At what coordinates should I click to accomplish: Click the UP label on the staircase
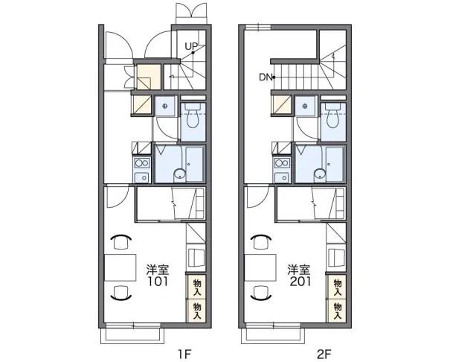[191, 46]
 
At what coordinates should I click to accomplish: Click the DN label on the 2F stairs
[266, 77]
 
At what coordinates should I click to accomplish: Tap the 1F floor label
[184, 354]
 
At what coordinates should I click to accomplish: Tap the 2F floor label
[324, 354]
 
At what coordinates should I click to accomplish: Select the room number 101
[158, 282]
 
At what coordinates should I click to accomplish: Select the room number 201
[300, 282]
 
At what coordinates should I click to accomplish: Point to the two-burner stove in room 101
[142, 164]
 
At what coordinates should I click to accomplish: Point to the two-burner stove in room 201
[282, 164]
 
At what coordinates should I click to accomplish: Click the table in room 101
[120, 268]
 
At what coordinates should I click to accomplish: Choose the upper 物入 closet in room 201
[338, 288]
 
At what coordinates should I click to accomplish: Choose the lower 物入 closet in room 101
[196, 311]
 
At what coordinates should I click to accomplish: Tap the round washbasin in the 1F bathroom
[180, 174]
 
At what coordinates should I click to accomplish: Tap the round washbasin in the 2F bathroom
[320, 174]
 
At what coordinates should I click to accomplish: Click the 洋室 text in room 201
[299, 270]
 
